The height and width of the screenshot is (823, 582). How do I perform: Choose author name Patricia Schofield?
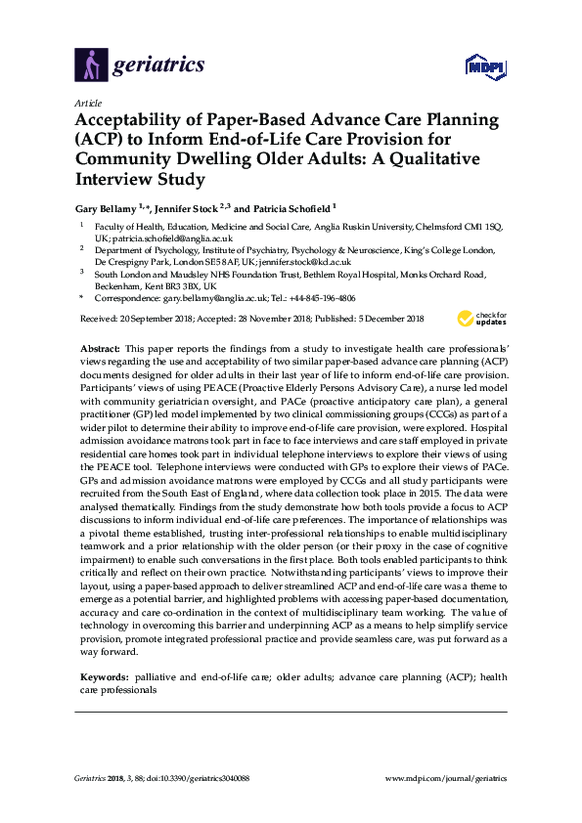[291, 208]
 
